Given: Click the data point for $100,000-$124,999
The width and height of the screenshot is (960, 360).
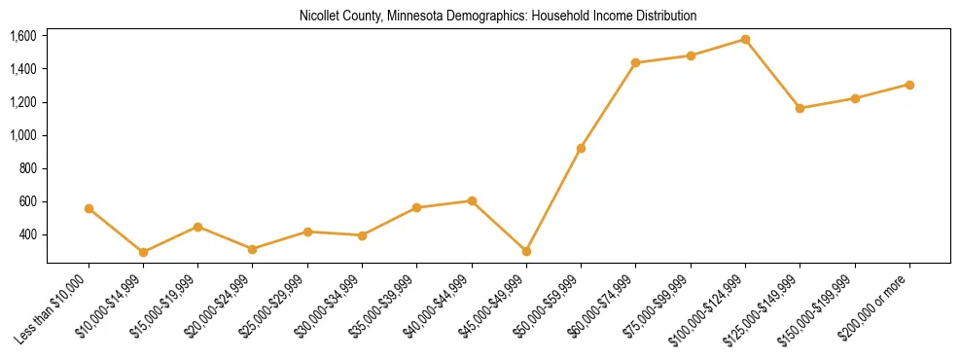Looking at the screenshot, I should tap(746, 40).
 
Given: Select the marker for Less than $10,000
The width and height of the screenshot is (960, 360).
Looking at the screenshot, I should tap(89, 209).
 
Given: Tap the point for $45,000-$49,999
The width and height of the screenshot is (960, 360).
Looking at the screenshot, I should tap(526, 251).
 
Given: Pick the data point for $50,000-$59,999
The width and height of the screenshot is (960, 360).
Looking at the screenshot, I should tap(581, 148).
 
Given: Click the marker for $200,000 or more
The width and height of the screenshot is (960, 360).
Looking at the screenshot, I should tap(909, 85).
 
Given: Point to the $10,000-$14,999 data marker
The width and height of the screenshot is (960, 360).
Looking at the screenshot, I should tap(143, 252).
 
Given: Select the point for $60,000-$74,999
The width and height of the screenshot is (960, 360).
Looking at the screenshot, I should tap(636, 62).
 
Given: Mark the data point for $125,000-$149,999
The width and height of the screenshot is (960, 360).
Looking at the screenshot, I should tap(800, 108).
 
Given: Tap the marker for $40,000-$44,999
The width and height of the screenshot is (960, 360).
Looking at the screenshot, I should tap(472, 200).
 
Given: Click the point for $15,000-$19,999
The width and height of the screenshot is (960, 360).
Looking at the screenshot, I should tap(197, 227).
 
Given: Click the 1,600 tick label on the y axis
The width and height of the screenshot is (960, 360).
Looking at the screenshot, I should tap(23, 36).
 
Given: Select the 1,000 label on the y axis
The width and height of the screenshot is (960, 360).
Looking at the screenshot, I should tap(23, 135).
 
